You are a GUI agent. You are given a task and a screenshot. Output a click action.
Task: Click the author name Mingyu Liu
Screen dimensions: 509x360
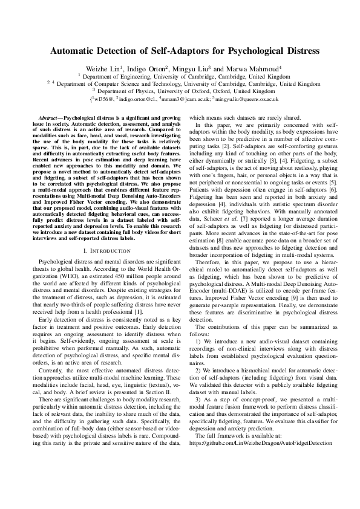(x=208, y=68)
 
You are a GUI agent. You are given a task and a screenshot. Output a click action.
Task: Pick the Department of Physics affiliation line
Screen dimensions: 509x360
(x=180, y=91)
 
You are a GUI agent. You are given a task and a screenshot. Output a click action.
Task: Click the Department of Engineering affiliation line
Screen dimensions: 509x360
(x=180, y=77)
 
